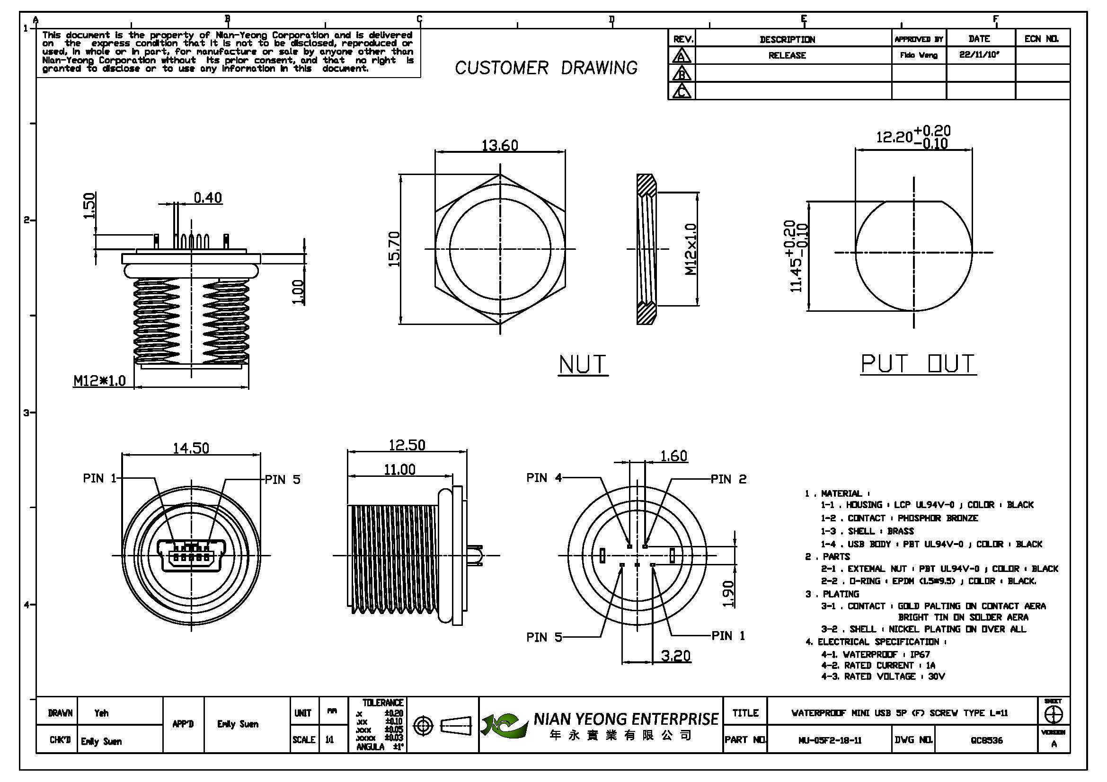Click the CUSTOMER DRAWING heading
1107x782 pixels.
(x=546, y=68)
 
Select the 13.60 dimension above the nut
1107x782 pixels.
(x=499, y=145)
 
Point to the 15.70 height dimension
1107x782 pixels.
(x=394, y=249)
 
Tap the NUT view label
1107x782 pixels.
(x=583, y=365)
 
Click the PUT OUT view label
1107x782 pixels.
(x=918, y=364)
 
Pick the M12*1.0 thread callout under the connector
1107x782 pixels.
(x=99, y=381)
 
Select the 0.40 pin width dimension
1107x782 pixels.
(x=208, y=198)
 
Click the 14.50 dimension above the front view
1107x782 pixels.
(x=191, y=448)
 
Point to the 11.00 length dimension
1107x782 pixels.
(x=399, y=470)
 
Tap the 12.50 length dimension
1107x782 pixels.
(x=407, y=445)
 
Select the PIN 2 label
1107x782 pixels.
(x=728, y=479)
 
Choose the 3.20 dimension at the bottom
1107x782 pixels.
(x=675, y=656)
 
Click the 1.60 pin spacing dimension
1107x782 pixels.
(x=673, y=456)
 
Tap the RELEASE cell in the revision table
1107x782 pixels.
(x=787, y=55)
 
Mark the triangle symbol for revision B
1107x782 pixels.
(x=681, y=74)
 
